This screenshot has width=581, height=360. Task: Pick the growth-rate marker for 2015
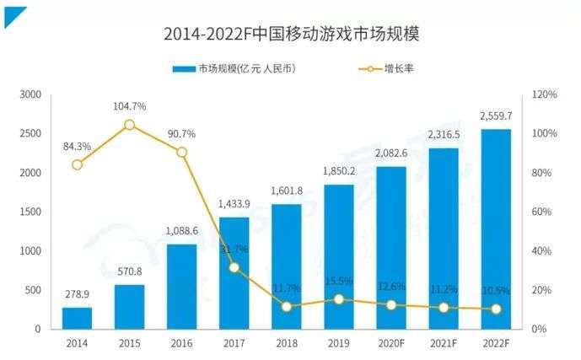point(129,125)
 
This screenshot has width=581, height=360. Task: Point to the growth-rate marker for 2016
point(181,153)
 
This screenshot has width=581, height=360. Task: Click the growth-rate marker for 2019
point(338,299)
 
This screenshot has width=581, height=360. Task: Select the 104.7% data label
point(129,106)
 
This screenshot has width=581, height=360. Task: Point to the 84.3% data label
point(77,146)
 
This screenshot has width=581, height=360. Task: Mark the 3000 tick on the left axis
point(30,95)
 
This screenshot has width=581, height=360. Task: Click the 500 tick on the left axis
point(34,290)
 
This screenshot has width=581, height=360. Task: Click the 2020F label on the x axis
point(390,343)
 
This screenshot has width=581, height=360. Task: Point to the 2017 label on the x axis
point(234,343)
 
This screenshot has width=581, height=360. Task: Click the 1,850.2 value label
point(338,171)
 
